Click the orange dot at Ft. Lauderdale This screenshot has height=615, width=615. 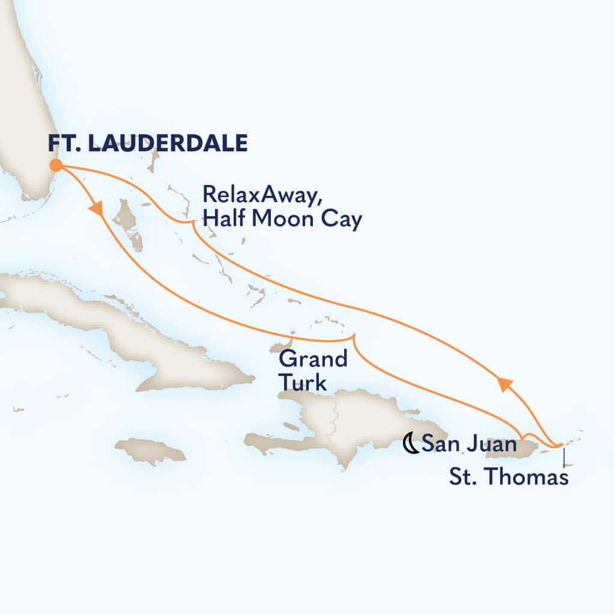tap(55, 165)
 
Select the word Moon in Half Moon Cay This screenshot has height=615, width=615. tap(288, 220)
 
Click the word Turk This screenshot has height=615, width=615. tap(303, 383)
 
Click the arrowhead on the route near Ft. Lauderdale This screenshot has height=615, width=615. tap(96, 209)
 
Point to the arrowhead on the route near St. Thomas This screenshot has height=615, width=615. tap(503, 383)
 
